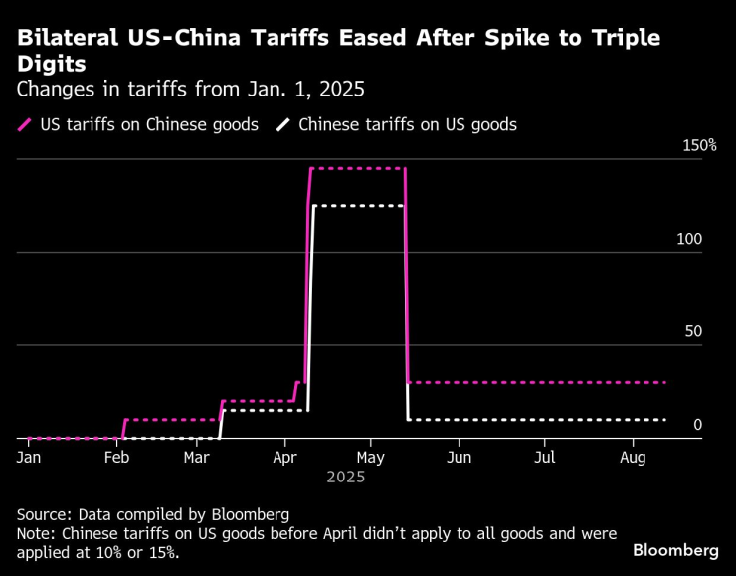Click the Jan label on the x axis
[x=28, y=457]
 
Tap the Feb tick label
[x=116, y=457]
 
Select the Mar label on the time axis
[x=197, y=457]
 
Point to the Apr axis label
[x=284, y=457]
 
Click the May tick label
[x=371, y=457]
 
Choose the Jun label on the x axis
[x=459, y=457]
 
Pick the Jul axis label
[x=544, y=457]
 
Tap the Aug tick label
[x=634, y=457]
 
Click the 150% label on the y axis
[x=699, y=145]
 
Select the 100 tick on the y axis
[x=689, y=239]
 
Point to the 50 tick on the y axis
[x=693, y=331]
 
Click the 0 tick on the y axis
[x=697, y=425]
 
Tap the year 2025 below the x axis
[x=345, y=477]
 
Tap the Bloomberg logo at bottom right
[x=675, y=550]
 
